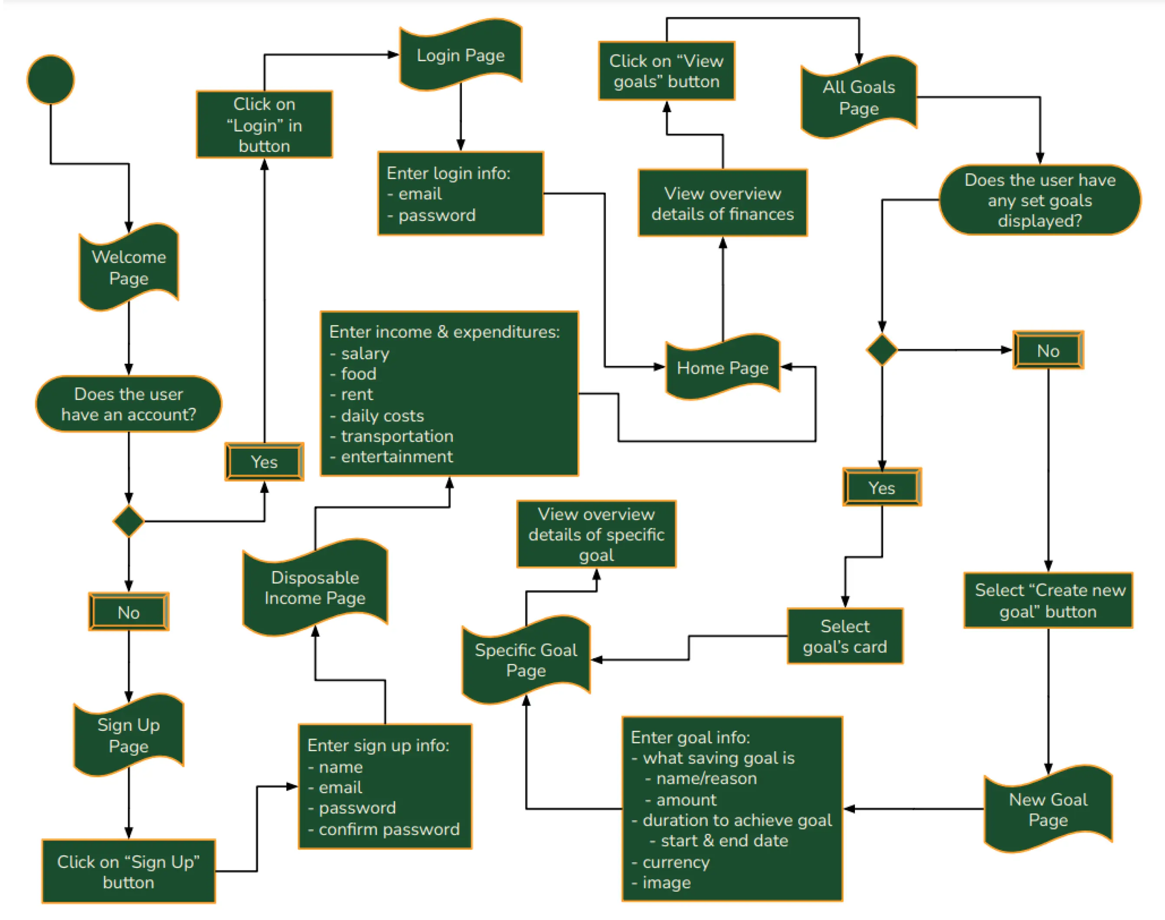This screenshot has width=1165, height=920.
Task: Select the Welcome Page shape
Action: tap(129, 267)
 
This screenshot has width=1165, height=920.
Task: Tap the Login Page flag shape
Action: tap(460, 55)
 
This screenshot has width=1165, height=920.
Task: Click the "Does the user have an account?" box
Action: tap(129, 404)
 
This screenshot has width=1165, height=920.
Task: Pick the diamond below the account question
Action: tap(129, 521)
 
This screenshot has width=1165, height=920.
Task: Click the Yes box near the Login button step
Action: tap(264, 462)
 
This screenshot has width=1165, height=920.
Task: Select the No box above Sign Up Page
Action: tap(129, 612)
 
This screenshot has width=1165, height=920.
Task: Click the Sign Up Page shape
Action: tap(129, 735)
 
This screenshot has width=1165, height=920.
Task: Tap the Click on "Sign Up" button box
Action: tap(129, 871)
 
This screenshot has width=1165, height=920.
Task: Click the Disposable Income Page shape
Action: tap(315, 588)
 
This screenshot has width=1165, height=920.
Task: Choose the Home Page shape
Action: tap(723, 368)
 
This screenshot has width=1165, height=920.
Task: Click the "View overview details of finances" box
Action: tap(723, 204)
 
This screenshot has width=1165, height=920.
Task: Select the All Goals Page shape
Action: tap(859, 98)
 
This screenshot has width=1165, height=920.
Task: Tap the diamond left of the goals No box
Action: tap(882, 350)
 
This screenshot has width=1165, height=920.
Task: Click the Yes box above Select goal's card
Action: tap(882, 487)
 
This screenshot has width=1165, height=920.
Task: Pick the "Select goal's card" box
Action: tap(844, 636)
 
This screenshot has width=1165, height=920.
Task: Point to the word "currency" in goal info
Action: tap(676, 862)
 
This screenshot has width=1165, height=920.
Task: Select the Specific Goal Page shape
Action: tap(526, 660)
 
